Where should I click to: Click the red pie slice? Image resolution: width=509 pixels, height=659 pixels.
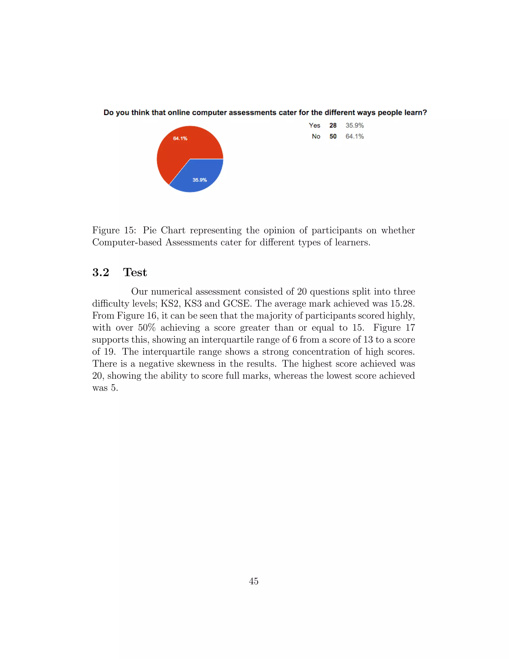coord(178,151)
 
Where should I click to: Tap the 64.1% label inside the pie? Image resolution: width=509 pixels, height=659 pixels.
coord(180,139)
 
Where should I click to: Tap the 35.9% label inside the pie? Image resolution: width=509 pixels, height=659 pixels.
coord(200,180)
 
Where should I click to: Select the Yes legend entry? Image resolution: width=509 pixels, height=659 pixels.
coord(314,125)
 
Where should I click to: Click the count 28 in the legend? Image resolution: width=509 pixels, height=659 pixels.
coord(333,125)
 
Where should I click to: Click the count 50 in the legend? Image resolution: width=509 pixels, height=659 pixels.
coord(333,136)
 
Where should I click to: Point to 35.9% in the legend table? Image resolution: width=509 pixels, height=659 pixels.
coord(355,125)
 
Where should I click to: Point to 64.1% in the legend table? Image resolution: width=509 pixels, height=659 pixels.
coord(355,136)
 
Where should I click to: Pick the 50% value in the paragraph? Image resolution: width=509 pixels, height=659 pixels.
coord(147,328)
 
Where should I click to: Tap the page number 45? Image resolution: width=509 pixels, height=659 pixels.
coord(254,581)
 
